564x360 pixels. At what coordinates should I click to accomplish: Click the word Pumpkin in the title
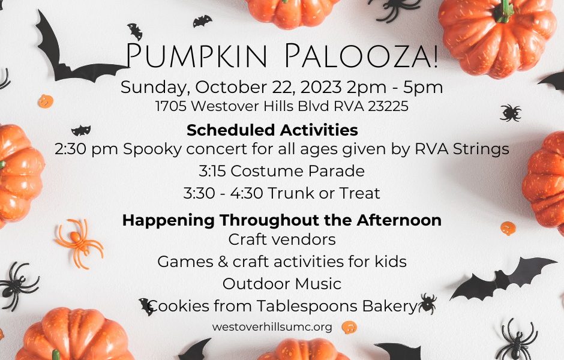pos(199,55)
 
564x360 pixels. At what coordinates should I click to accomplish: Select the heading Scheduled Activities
pos(272,130)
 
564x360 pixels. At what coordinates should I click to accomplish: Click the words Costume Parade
pos(297,171)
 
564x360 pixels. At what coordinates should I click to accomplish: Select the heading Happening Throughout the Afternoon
pos(281,220)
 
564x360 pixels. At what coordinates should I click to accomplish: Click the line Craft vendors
pos(281,239)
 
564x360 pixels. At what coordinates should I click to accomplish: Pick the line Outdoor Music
pos(281,284)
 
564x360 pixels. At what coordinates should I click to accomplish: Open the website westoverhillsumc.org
pos(272,327)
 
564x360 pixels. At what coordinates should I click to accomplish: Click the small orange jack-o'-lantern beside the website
pos(349,328)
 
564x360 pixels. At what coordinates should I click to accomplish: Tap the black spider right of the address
pos(511,112)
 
